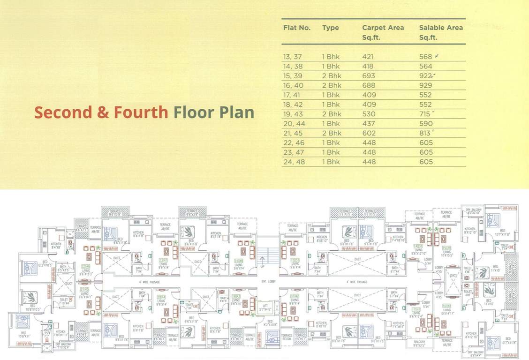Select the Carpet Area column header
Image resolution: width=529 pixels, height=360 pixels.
[x=383, y=28]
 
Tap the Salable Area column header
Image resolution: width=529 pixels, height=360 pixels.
[x=441, y=28]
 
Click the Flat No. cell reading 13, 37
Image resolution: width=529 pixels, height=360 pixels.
[x=293, y=57]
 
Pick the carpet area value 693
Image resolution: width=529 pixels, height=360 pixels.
[x=369, y=76]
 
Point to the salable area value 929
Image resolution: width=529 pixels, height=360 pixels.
[x=426, y=85]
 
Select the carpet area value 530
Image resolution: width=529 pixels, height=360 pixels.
[x=369, y=114]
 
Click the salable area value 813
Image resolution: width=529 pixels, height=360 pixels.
[x=425, y=133]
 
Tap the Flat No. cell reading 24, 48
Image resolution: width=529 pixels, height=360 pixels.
[x=293, y=162]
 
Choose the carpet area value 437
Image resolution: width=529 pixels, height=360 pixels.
[x=369, y=124]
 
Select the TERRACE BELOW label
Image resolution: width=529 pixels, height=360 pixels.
[x=287, y=337]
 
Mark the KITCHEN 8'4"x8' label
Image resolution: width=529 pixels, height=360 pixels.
[x=56, y=245]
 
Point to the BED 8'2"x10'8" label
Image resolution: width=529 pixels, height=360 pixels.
[x=270, y=323]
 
